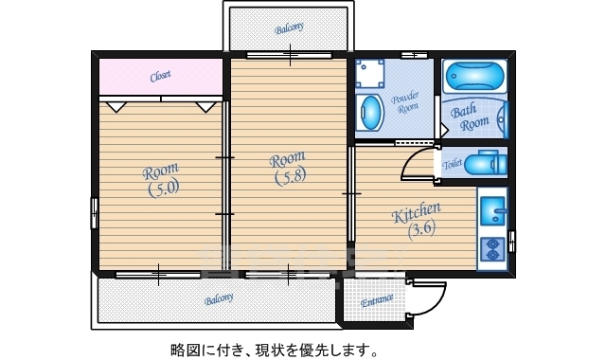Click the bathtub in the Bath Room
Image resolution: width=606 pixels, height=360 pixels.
475,75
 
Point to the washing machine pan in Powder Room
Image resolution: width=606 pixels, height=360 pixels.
369,73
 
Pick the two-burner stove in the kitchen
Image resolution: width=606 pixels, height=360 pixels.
492,249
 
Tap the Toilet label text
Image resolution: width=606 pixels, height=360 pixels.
452,164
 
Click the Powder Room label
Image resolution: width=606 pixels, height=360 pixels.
404,102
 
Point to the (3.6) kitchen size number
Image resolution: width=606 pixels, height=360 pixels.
421,229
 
